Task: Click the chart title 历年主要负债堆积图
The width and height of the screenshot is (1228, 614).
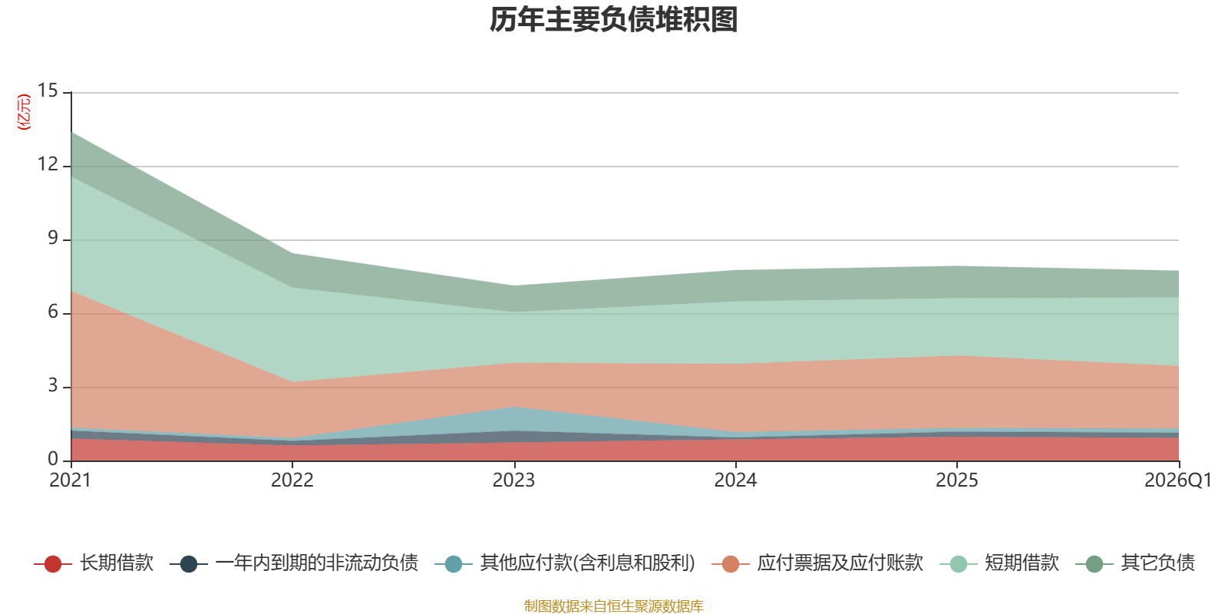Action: pyautogui.click(x=613, y=20)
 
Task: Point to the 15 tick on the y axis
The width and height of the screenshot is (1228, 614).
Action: pyautogui.click(x=48, y=91)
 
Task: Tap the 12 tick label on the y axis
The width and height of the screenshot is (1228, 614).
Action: pyautogui.click(x=48, y=164)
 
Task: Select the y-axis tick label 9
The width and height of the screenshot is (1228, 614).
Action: pyautogui.click(x=53, y=238)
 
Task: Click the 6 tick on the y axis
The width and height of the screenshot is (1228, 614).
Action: pyautogui.click(x=53, y=312)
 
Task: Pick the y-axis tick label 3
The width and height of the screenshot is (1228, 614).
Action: pyautogui.click(x=53, y=385)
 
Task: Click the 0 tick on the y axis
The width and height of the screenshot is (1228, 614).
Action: pyautogui.click(x=53, y=459)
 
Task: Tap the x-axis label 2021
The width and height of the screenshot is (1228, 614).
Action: pyautogui.click(x=70, y=480)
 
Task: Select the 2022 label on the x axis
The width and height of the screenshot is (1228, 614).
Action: pyautogui.click(x=292, y=480)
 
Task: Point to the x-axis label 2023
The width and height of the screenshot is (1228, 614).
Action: pyautogui.click(x=513, y=480)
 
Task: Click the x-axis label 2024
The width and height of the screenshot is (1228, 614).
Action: pyautogui.click(x=735, y=480)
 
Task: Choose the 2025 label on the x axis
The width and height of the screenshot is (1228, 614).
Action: pyautogui.click(x=956, y=480)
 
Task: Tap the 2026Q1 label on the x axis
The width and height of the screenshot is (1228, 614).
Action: pyautogui.click(x=1178, y=480)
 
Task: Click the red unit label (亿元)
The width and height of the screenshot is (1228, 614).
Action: pyautogui.click(x=24, y=112)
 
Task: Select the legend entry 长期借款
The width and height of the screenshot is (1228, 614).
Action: pyautogui.click(x=94, y=563)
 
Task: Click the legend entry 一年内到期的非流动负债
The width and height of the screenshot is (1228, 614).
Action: pyautogui.click(x=295, y=563)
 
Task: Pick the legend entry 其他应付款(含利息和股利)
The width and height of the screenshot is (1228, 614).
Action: pyautogui.click(x=565, y=563)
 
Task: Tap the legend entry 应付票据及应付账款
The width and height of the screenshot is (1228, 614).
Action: pyautogui.click(x=817, y=563)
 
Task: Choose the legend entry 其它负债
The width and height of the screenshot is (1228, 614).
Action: pyautogui.click(x=1135, y=563)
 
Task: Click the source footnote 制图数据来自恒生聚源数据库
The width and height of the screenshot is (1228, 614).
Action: pyautogui.click(x=613, y=606)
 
